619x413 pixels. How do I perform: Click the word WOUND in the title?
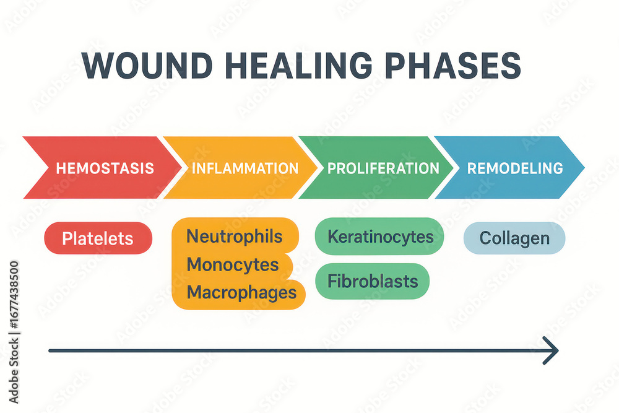point(148,66)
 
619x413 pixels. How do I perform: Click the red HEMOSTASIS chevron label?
point(105,168)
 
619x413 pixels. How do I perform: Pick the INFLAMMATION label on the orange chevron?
point(245,168)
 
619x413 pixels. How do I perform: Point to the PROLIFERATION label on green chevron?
point(383,168)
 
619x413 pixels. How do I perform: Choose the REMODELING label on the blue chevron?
point(515,168)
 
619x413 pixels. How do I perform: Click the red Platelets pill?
point(98,238)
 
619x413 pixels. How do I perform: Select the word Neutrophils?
point(235,237)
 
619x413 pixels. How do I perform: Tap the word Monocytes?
point(233,264)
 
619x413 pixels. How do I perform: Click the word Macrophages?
point(241,292)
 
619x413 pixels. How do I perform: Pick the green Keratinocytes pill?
point(379,236)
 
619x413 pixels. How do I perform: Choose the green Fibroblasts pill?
point(372,281)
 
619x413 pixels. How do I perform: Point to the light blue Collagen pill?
point(514,238)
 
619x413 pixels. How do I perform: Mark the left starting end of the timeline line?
point(50,350)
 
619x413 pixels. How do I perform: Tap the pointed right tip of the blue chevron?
point(584,167)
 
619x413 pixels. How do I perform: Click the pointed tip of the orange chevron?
point(317,167)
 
